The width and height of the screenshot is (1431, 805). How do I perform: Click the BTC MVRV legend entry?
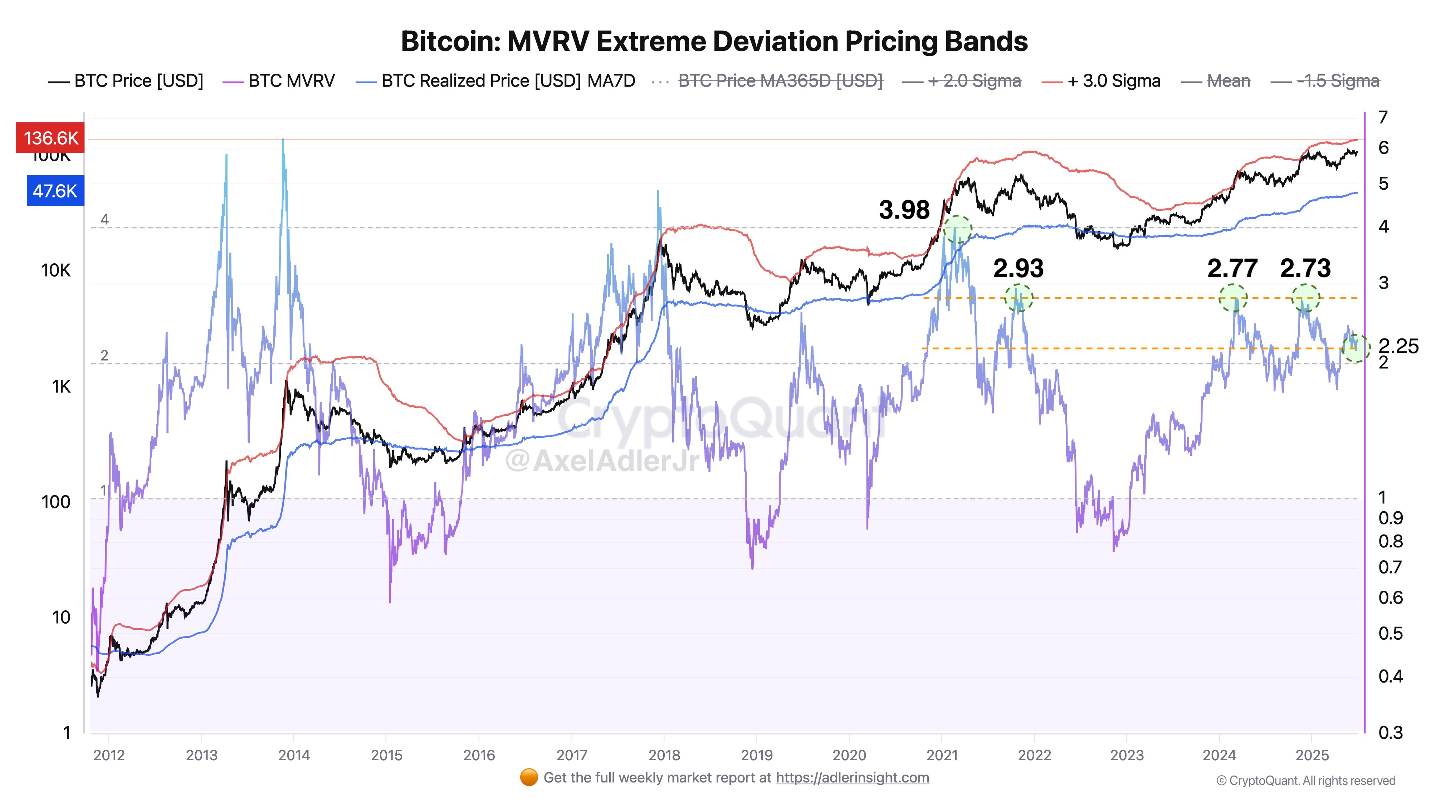[279, 81]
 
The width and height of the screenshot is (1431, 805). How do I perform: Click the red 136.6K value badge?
[50, 138]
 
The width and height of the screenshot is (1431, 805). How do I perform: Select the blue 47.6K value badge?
[55, 191]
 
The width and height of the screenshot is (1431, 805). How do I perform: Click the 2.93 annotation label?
[1018, 268]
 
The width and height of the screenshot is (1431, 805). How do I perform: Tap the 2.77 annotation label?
[1232, 268]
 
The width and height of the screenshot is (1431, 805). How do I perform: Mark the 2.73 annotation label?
[1305, 268]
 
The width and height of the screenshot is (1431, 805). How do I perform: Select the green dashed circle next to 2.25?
[1356, 348]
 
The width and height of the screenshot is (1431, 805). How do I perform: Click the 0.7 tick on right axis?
[1391, 567]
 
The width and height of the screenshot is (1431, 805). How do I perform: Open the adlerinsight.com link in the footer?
[852, 778]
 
